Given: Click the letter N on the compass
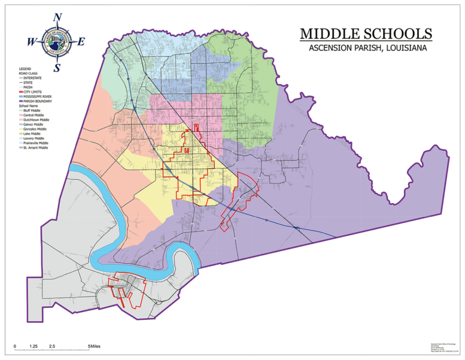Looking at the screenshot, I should (58, 17).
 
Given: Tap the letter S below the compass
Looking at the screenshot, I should (57, 67).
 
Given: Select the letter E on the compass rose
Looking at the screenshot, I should (81, 42).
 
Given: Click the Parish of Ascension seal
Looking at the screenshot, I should (57, 42).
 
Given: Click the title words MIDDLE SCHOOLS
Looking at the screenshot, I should (366, 33).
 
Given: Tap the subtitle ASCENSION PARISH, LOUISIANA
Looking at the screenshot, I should (366, 48).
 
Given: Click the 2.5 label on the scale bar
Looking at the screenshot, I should (53, 346).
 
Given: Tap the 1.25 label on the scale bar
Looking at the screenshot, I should (34, 346).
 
